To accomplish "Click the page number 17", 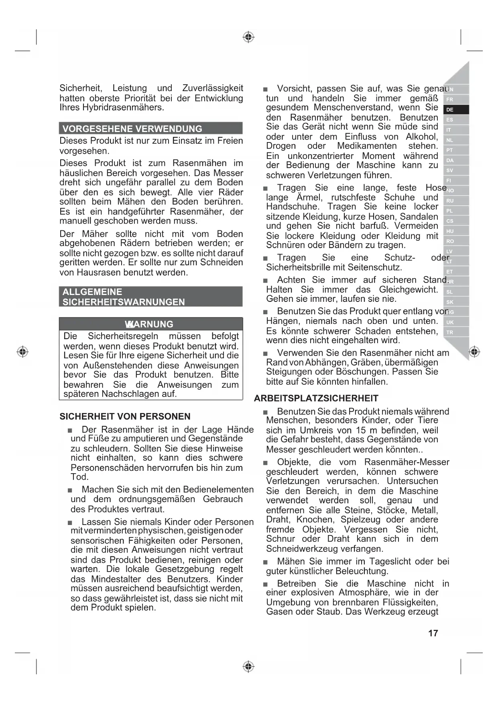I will (x=433, y=633).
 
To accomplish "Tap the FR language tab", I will (x=450, y=100).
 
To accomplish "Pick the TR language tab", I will (x=450, y=332).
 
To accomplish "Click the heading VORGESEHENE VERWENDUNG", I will (x=132, y=129).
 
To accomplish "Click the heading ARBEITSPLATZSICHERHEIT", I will (x=316, y=398).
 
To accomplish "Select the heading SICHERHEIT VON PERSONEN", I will (x=125, y=416).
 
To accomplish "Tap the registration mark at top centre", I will (x=248, y=37).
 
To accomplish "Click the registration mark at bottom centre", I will (x=248, y=667).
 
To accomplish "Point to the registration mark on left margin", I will (x=22, y=352).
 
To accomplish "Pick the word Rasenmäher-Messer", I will (x=407, y=462).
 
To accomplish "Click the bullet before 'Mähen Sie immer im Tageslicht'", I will (x=265, y=562).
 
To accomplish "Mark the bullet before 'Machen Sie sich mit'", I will (x=70, y=490).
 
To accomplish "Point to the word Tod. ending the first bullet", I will (x=79, y=477).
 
